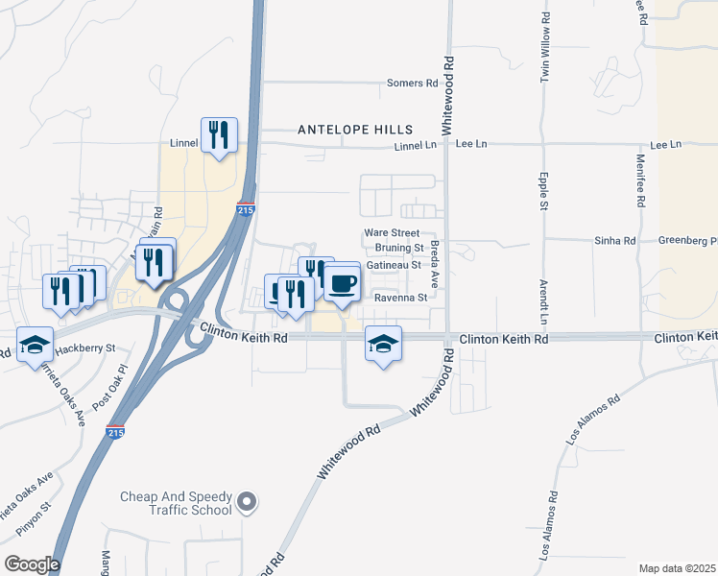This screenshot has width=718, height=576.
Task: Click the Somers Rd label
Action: [413, 84]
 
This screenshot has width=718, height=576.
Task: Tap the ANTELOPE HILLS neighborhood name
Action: [355, 129]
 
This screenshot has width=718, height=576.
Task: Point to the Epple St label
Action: [543, 192]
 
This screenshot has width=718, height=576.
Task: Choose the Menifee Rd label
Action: [640, 186]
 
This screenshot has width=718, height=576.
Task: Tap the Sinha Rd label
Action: [616, 241]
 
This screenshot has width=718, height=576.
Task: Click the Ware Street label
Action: [392, 233]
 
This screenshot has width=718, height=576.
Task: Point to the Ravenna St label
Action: [400, 298]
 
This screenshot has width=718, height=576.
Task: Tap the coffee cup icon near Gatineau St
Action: [342, 282]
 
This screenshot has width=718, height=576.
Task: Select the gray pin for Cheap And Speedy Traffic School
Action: [247, 501]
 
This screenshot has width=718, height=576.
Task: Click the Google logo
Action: [31, 564]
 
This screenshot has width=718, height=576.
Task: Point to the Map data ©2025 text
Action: [677, 568]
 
